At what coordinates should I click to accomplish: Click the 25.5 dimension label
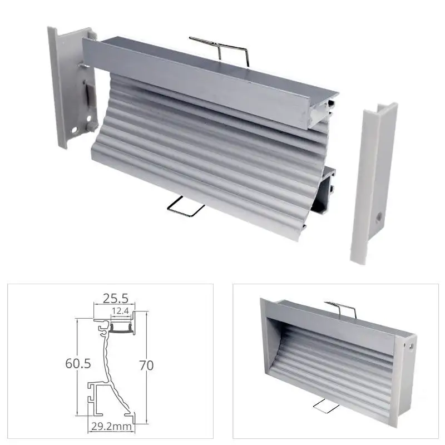(114, 299)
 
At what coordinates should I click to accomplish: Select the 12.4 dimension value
(121, 310)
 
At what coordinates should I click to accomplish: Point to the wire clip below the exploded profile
(185, 206)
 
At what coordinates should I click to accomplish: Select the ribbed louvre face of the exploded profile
(200, 156)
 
